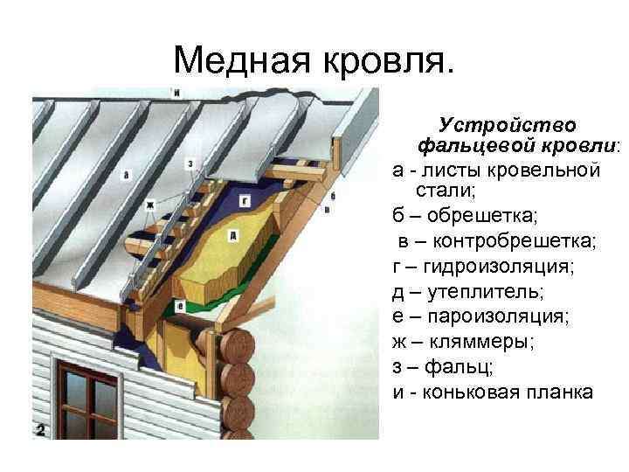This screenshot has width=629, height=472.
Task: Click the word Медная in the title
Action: tap(242, 60)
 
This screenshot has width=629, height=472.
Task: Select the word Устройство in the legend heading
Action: tap(507, 126)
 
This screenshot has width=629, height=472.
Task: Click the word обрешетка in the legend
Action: tap(481, 216)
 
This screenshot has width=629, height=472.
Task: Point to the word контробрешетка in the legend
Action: tap(515, 241)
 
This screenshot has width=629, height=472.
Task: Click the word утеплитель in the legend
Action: tap(486, 292)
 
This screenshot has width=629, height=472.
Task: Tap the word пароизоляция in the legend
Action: tap(498, 316)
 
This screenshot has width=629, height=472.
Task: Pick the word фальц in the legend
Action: tap(459, 367)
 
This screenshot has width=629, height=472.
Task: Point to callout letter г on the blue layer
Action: tap(245, 200)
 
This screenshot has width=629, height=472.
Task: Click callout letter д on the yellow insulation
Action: tap(233, 236)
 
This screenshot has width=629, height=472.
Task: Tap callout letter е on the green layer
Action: tap(180, 307)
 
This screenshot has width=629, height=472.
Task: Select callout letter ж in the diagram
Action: tap(149, 205)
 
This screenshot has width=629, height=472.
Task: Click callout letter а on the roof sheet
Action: tap(126, 175)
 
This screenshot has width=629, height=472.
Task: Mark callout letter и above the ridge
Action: tap(176, 94)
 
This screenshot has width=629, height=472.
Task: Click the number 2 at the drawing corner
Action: tap(40, 430)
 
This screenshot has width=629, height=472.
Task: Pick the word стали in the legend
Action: tap(446, 191)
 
